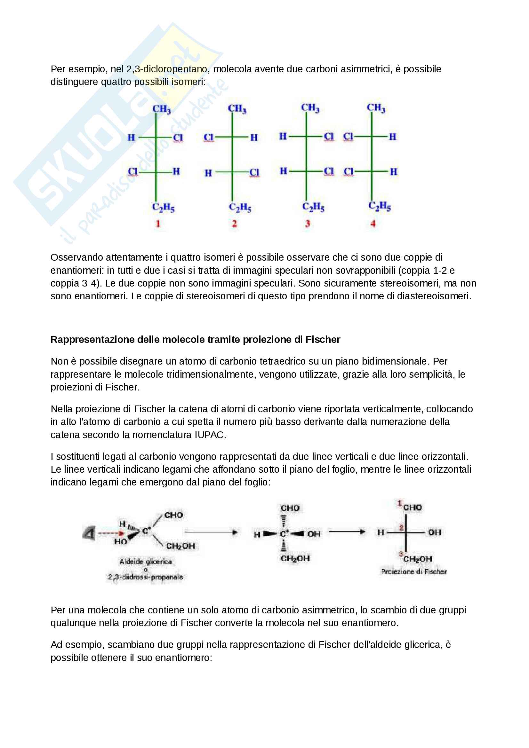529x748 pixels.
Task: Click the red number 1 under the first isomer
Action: (x=158, y=224)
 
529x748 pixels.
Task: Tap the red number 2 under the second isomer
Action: (x=234, y=224)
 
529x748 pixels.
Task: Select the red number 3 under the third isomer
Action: (x=307, y=224)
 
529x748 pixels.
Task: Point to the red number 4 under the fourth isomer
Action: (x=373, y=224)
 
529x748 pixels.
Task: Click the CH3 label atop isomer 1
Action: (x=161, y=109)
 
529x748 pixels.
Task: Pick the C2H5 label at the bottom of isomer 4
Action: (x=380, y=206)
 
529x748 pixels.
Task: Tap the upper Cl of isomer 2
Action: (x=208, y=138)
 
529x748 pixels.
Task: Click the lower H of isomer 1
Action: (x=176, y=171)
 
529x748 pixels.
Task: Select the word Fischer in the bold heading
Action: (x=323, y=340)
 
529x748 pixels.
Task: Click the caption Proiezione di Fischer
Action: (x=414, y=571)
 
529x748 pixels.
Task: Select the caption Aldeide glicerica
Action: (x=145, y=561)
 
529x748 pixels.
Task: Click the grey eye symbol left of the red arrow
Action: (x=88, y=533)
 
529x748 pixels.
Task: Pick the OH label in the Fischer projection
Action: (x=435, y=532)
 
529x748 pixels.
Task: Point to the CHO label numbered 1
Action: (x=412, y=507)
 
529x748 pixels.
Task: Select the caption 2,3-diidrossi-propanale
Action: (x=145, y=577)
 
